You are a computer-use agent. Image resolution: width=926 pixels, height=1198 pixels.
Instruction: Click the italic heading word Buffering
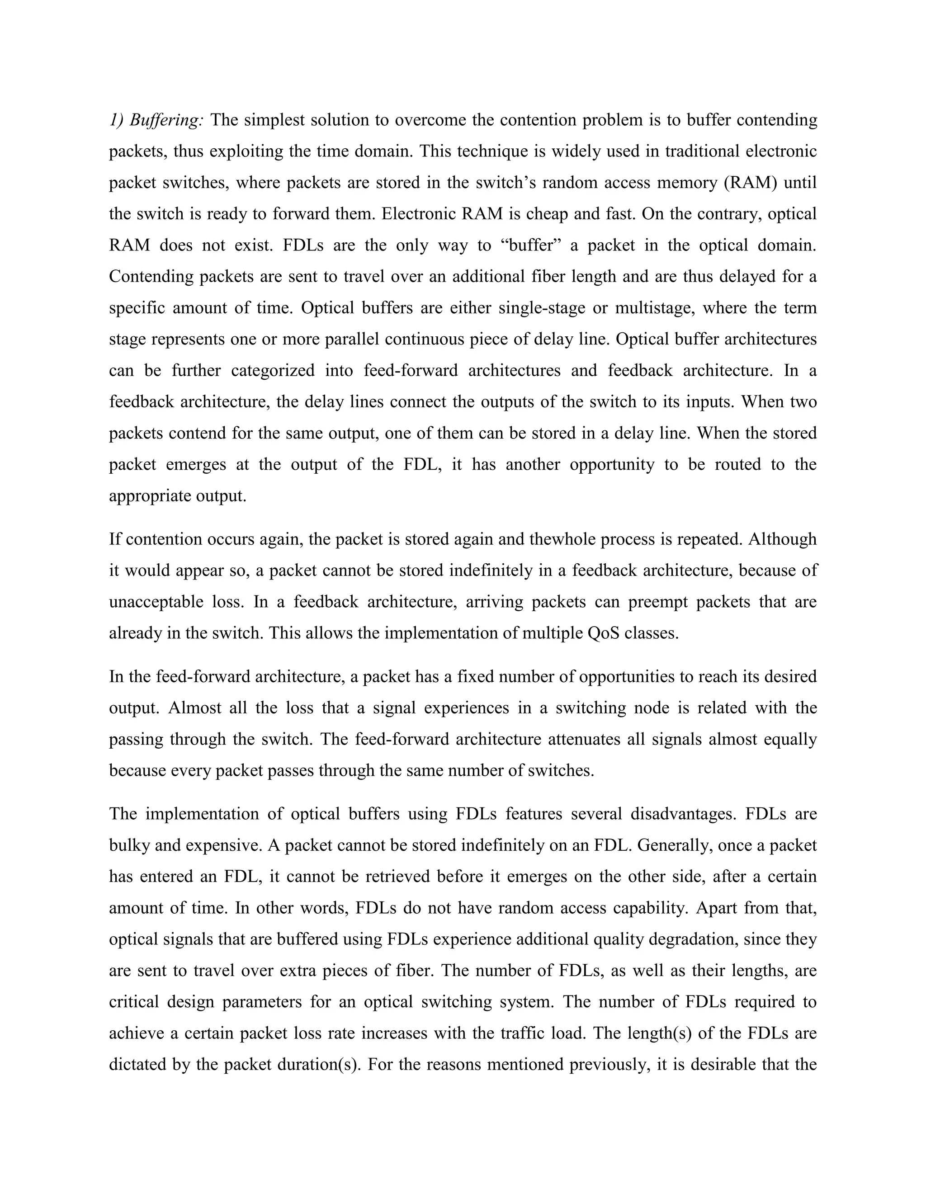click(x=167, y=120)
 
